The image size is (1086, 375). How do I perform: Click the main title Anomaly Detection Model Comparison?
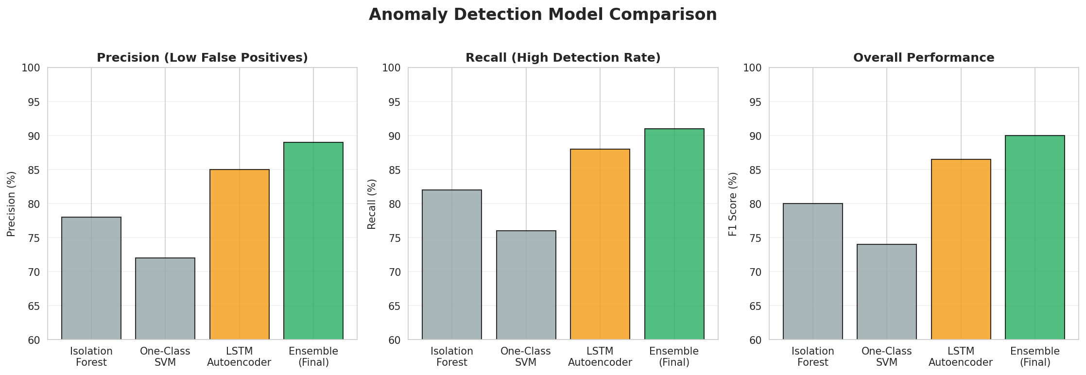point(543,15)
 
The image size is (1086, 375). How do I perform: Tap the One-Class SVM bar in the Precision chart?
point(165,299)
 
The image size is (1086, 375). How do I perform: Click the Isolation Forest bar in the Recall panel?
point(452,265)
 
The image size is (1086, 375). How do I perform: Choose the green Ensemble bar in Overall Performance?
point(1035,238)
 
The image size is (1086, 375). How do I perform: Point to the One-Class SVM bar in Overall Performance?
point(887,292)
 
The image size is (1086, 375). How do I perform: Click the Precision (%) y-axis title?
point(12,204)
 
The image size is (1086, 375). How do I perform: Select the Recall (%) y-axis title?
point(372,204)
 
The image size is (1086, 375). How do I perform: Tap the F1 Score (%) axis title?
point(733,204)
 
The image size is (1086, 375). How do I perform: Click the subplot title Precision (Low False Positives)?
point(202,58)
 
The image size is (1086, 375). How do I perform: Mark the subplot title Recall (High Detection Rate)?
point(563,58)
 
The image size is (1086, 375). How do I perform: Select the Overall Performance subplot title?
point(924,58)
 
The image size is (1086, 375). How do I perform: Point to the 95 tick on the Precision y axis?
point(34,102)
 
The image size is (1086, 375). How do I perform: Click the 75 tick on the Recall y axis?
point(395,238)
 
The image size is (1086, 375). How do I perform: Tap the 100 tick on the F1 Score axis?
point(753,68)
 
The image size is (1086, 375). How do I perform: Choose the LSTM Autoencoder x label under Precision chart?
point(239,357)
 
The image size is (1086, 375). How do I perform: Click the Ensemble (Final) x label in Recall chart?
point(674,357)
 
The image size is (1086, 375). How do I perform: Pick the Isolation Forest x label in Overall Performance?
point(813,357)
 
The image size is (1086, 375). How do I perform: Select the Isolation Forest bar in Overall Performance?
point(813,272)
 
